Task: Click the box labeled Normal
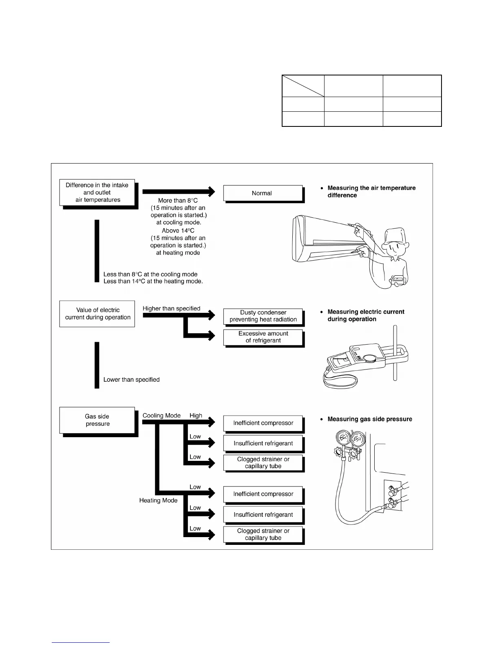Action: [263, 193]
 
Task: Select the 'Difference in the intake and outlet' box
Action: [97, 192]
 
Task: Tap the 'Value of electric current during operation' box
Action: [97, 314]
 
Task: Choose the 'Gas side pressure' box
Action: [97, 420]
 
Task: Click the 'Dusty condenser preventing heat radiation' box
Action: [263, 316]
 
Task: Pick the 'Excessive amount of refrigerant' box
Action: [263, 337]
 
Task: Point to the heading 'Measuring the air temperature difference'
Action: [371, 192]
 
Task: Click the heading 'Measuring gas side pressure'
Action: [369, 419]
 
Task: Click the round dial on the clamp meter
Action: [370, 358]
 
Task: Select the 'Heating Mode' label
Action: [158, 500]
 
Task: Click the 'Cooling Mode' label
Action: [161, 416]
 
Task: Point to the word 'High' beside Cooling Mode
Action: [196, 416]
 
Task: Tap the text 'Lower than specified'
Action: [131, 380]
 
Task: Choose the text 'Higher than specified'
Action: [171, 309]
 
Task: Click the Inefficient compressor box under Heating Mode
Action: [263, 494]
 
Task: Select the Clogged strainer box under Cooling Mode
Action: [263, 462]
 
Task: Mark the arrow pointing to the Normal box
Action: [179, 191]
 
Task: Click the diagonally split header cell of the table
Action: [303, 86]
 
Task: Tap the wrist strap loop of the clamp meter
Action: [341, 381]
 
